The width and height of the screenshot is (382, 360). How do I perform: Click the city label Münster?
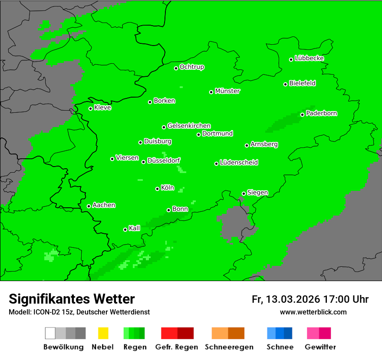point(227,91)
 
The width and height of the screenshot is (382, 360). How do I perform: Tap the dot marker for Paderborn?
point(303,115)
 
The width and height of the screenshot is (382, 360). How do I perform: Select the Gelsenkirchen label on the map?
point(189,126)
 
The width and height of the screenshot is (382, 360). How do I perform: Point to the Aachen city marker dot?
point(89,206)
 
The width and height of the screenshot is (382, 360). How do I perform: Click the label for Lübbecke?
point(309,58)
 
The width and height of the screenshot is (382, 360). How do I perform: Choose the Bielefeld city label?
point(303,83)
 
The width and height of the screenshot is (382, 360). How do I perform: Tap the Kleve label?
point(102,108)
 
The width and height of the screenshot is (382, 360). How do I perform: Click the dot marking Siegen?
point(244,193)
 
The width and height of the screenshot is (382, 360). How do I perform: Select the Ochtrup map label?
point(192,67)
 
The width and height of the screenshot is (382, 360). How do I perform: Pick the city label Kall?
point(135,228)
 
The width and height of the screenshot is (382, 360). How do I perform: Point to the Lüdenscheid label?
point(239,163)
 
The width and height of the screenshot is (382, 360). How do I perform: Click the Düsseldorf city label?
point(164,160)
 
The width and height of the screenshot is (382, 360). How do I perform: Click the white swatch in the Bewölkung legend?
point(50,333)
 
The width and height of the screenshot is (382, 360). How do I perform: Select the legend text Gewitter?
point(320,347)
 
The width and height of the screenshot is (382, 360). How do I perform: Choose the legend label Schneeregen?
point(228,347)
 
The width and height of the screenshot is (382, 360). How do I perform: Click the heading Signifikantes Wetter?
point(72,299)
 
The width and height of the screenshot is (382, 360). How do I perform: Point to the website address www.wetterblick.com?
point(313,312)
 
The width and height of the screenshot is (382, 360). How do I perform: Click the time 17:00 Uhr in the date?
point(345,299)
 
